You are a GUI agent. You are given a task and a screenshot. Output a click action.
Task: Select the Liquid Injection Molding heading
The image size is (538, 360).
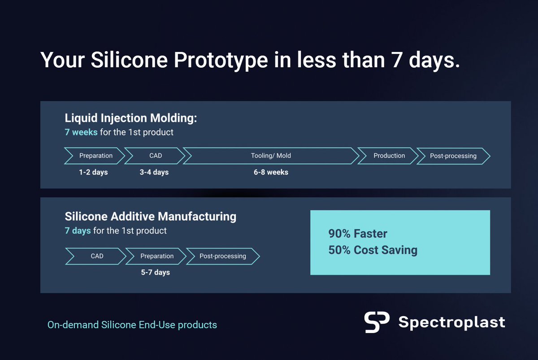coord(131,119)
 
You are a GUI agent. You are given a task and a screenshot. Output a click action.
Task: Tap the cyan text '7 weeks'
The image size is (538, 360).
coord(81,132)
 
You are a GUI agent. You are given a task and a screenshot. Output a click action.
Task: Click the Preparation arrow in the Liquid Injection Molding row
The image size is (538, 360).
coord(95,156)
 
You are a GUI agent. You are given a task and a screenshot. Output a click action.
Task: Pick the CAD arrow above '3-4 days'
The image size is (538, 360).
coord(155,156)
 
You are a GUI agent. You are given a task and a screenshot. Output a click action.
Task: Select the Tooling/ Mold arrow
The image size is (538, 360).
coord(271,156)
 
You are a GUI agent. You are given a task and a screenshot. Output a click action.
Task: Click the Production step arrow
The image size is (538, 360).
coord(389,156)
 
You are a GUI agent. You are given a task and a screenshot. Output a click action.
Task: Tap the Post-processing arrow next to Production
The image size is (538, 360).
coord(453,156)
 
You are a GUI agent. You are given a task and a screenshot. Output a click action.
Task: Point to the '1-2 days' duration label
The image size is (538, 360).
coord(93,172)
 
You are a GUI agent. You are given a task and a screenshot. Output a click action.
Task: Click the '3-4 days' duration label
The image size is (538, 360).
coord(154,172)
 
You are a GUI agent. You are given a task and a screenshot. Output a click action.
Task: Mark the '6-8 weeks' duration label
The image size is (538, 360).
coord(271,172)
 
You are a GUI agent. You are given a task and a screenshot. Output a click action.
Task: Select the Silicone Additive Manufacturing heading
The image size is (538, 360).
coord(150,217)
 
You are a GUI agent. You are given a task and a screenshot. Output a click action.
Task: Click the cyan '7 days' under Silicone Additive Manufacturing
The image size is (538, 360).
coord(78,230)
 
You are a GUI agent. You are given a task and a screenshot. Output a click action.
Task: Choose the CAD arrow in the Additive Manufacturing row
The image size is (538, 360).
coord(96,256)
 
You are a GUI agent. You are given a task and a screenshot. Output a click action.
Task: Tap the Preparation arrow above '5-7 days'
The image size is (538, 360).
coord(156,256)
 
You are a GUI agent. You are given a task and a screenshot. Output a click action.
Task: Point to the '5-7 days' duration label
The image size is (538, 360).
coord(155,272)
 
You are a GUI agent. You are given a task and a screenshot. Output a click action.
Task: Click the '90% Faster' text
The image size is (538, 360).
coord(357,234)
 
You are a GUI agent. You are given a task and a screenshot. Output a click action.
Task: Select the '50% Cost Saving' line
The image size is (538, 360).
coord(373,250)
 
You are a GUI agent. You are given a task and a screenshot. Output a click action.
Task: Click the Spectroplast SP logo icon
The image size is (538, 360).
coord(377,322)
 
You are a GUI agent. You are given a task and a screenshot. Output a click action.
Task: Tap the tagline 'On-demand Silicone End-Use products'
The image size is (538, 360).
coord(132,325)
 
